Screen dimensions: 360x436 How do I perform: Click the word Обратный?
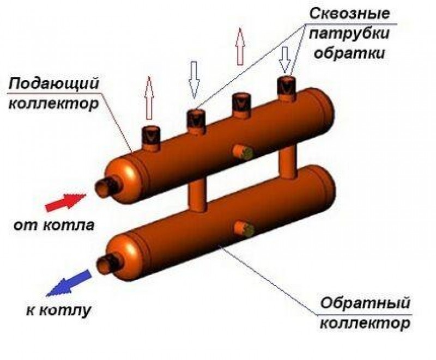click(x=364, y=302)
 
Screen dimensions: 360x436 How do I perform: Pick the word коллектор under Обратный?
click(x=364, y=325)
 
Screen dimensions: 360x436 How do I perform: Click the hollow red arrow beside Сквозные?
click(x=239, y=47)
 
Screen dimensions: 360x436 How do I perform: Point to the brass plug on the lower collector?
click(x=243, y=229)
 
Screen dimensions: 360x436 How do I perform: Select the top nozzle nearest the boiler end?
click(x=150, y=136)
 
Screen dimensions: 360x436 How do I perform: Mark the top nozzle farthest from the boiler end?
click(x=285, y=87)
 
